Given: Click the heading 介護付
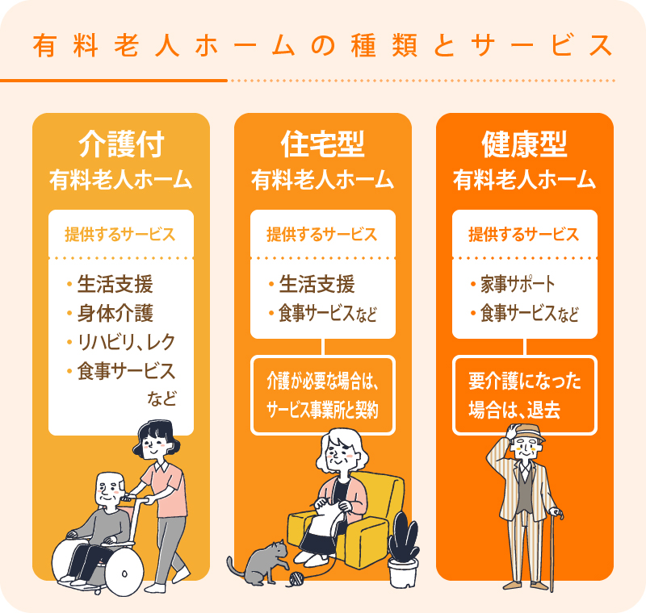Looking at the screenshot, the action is click(121, 144).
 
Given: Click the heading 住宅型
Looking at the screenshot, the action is click(322, 144).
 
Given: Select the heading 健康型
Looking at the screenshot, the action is click(524, 144).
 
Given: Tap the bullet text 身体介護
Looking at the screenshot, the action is click(115, 313).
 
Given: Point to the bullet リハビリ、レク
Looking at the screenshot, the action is click(127, 342).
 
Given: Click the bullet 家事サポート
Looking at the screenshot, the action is click(518, 284).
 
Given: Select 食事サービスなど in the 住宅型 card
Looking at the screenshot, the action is click(328, 314).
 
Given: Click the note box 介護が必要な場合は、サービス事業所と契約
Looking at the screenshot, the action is click(322, 395).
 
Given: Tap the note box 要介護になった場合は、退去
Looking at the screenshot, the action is click(524, 395).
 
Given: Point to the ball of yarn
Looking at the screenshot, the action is click(296, 579).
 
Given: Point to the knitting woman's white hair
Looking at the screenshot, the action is click(342, 446).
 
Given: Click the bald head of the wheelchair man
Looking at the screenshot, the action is click(110, 482).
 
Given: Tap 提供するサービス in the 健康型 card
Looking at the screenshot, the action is click(524, 235).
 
